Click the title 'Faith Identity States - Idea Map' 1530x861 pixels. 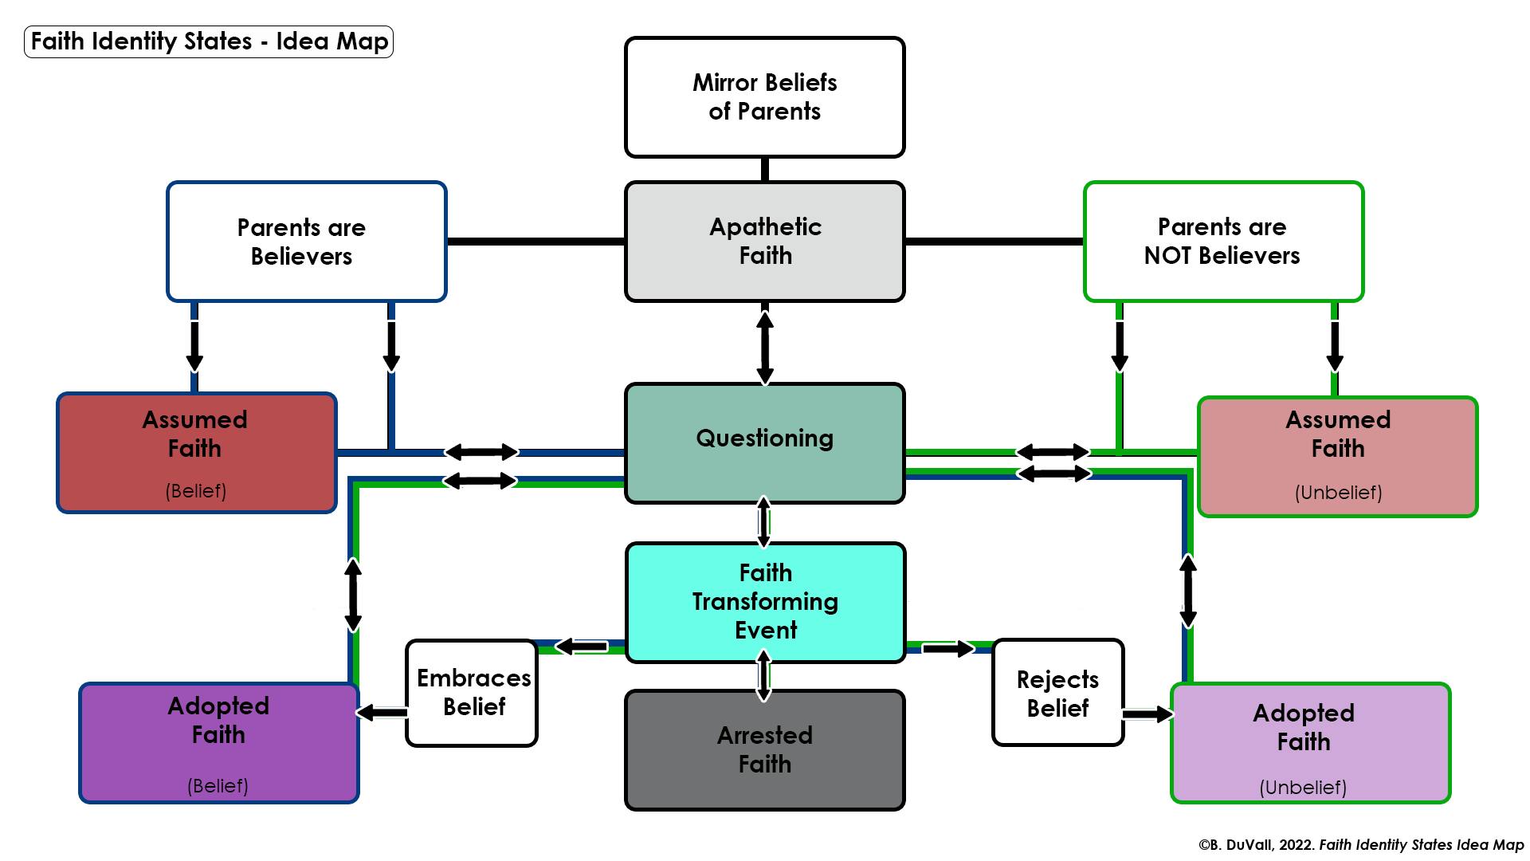[x=209, y=41]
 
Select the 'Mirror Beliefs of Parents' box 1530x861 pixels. [x=764, y=96]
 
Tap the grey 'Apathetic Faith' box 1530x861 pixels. [x=764, y=241]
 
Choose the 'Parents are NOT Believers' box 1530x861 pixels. [x=1222, y=242]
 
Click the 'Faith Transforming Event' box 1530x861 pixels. [x=765, y=602]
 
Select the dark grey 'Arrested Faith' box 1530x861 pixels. [x=764, y=749]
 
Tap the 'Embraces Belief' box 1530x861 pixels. [x=473, y=692]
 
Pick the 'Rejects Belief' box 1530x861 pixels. [x=1057, y=694]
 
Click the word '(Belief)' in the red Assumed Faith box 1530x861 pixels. [x=196, y=491]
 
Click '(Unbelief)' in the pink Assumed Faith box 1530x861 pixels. [x=1338, y=493]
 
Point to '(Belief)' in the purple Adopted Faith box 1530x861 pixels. [x=218, y=786]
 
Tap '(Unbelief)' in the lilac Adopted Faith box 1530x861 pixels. [x=1303, y=788]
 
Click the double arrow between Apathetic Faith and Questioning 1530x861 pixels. [x=765, y=347]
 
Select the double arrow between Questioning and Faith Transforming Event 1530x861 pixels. [x=764, y=522]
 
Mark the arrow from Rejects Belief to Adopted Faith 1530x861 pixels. [x=1147, y=714]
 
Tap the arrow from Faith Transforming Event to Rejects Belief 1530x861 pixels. [x=947, y=649]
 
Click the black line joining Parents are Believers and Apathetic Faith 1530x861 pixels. [x=535, y=241]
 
